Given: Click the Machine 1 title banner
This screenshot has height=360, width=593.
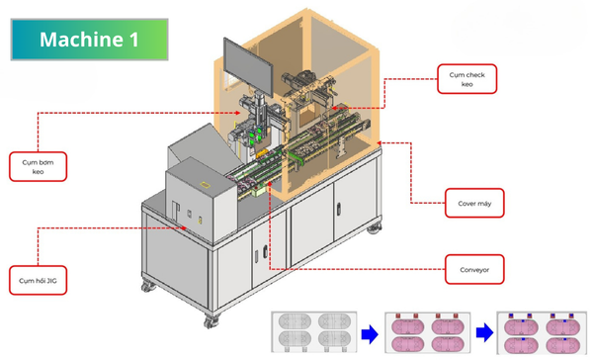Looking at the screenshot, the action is pyautogui.click(x=89, y=40).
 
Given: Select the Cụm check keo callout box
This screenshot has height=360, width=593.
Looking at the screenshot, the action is pyautogui.click(x=467, y=79).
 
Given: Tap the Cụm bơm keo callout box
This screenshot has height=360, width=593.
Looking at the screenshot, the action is pyautogui.click(x=38, y=166).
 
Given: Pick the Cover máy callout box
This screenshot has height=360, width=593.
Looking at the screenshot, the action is pyautogui.click(x=474, y=203).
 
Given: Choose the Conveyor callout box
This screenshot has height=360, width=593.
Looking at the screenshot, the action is pyautogui.click(x=474, y=270).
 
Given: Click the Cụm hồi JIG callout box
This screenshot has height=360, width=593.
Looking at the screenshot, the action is pyautogui.click(x=38, y=280).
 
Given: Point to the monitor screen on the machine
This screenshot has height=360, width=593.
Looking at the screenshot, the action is pyautogui.click(x=248, y=67).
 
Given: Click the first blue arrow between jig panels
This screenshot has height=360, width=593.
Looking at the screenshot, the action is pyautogui.click(x=370, y=334).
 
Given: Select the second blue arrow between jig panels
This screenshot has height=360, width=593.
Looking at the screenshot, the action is pyautogui.click(x=485, y=333).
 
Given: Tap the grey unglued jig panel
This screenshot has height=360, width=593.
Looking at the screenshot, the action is pyautogui.click(x=314, y=332).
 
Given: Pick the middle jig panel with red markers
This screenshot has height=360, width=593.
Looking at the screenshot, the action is pyautogui.click(x=427, y=332).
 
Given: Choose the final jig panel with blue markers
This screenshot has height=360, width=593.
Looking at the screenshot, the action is pyautogui.click(x=542, y=332).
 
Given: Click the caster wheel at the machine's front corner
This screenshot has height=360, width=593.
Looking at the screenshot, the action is pyautogui.click(x=211, y=321).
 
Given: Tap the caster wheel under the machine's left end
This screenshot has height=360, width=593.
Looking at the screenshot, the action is pyautogui.click(x=148, y=286).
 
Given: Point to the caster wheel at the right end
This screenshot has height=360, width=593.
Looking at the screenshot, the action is pyautogui.click(x=374, y=227).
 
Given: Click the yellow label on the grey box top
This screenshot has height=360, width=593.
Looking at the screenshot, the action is pyautogui.click(x=205, y=185).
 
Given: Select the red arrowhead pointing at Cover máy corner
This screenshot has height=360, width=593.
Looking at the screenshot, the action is pyautogui.click(x=381, y=143).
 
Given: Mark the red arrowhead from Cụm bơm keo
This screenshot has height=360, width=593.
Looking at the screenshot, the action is pyautogui.click(x=237, y=113).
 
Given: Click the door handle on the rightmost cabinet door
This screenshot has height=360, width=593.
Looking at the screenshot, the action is pyautogui.click(x=339, y=209).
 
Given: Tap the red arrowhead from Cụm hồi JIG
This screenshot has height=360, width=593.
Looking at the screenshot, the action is pyautogui.click(x=184, y=227).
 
